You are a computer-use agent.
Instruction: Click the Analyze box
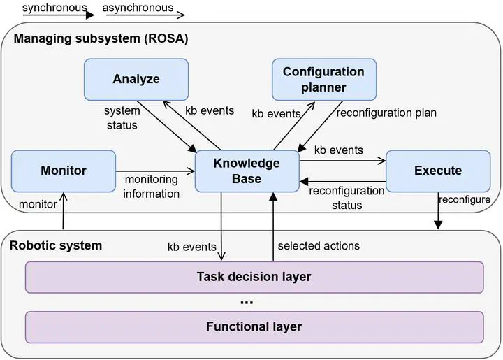[136, 80]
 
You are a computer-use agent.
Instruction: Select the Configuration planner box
[324, 80]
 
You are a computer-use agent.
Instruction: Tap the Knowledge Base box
[247, 171]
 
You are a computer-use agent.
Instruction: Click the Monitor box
[64, 171]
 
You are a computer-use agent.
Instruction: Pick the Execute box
[438, 171]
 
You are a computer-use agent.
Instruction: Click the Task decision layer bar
[254, 278]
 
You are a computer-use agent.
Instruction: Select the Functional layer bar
[254, 327]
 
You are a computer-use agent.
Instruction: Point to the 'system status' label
[122, 117]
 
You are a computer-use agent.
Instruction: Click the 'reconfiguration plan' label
[386, 113]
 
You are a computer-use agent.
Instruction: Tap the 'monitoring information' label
[151, 187]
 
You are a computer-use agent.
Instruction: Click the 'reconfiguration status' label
[347, 198]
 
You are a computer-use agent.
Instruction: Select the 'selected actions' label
[319, 246]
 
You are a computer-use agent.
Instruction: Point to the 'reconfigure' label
[465, 199]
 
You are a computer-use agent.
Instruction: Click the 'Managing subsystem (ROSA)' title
[101, 38]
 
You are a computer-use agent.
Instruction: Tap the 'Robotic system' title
[56, 245]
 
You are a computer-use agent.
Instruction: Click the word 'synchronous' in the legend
[54, 8]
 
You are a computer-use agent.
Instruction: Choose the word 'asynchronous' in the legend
[138, 8]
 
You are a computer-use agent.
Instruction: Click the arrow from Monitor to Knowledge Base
[155, 171]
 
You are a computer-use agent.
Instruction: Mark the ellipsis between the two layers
[247, 302]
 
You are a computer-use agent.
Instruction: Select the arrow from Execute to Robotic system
[438, 211]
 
